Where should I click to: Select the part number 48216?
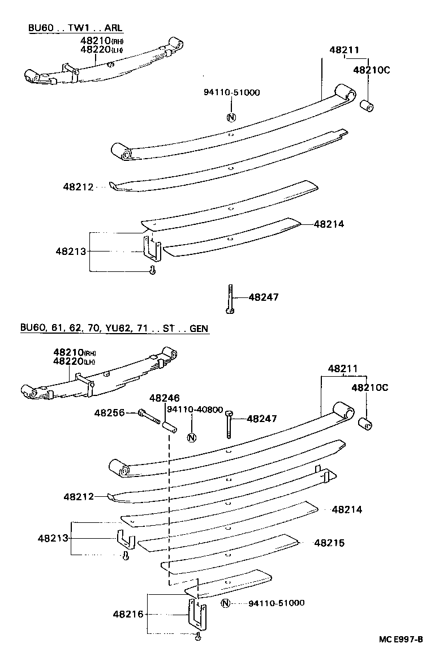[x=127, y=614]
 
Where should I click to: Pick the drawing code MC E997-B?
[x=401, y=640]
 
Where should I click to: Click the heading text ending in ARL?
[x=75, y=28]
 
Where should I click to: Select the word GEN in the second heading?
[x=199, y=328]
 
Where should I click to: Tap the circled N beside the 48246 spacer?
[x=191, y=437]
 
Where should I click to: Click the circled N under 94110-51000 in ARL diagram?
[x=231, y=118]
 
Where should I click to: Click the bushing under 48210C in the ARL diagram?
[x=369, y=105]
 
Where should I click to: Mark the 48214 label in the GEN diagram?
[x=347, y=510]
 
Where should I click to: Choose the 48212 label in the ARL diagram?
[x=78, y=186]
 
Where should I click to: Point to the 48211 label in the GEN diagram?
[x=343, y=369]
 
